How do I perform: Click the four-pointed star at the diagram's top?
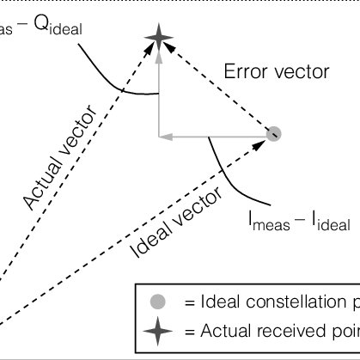pyautogui.click(x=157, y=36)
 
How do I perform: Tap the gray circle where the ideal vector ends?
pyautogui.click(x=274, y=133)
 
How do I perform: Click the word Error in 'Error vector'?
pyautogui.click(x=244, y=72)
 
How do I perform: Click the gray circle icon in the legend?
pyautogui.click(x=156, y=302)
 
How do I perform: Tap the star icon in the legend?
pyautogui.click(x=156, y=330)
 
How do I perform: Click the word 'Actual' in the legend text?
pyautogui.click(x=224, y=330)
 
